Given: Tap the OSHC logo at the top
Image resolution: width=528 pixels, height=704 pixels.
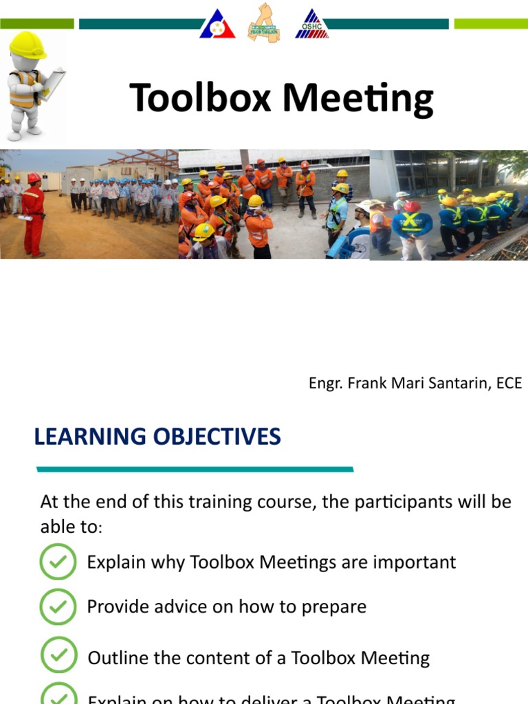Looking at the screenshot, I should pos(311,24).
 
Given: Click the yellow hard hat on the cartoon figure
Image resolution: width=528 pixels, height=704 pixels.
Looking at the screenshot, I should pos(27,45).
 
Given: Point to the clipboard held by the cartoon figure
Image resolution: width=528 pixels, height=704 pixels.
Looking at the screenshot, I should pos(53,84).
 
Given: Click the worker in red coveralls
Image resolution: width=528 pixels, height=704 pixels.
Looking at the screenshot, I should pos(32,214).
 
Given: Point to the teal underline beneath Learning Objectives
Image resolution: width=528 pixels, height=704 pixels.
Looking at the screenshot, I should pos(195,470).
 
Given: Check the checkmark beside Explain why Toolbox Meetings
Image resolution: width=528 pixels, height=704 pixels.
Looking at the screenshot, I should pos(58,562).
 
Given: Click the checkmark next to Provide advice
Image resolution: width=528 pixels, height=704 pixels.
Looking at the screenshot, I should pos(58,606).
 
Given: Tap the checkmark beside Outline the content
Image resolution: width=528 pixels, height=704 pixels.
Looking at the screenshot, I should pos(58,654).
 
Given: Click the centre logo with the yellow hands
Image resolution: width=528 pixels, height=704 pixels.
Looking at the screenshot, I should pos(264,24).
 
